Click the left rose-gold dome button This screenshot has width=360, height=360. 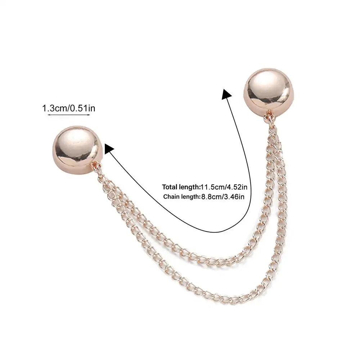(78, 150)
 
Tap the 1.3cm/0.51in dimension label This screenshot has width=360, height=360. (69, 108)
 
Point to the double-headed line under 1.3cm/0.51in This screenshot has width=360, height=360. (69, 114)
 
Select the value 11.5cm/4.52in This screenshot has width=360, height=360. (224, 187)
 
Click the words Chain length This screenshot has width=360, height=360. (181, 197)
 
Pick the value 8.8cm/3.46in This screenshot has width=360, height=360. (223, 197)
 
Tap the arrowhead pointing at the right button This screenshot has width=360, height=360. (226, 94)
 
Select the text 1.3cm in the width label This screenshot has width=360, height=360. (55, 108)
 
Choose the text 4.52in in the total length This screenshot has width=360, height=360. (237, 187)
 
